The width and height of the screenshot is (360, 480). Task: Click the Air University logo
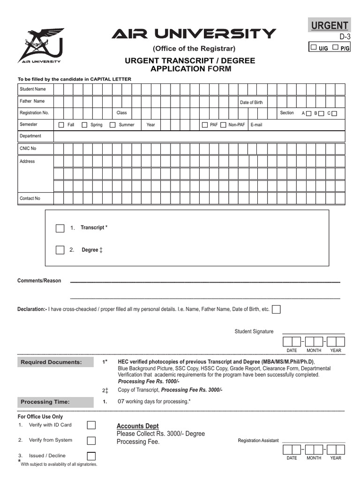pos(40,45)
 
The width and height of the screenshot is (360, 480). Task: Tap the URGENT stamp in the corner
pos(329,25)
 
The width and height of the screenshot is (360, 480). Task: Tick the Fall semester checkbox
pos(61,125)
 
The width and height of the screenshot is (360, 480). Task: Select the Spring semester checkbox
pos(84,125)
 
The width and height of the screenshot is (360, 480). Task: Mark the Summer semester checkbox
pos(112,125)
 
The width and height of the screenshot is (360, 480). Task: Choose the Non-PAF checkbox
pos(223,125)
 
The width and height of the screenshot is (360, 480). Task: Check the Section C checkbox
pos(334,113)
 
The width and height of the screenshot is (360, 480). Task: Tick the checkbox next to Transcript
pos(60,228)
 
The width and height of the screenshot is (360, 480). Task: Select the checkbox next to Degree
pos(60,250)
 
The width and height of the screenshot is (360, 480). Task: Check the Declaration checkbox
pos(277,309)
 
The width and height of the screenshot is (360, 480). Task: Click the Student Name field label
pos(33,89)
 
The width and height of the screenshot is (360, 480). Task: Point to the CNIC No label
pos(28,149)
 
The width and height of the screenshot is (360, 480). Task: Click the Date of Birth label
pos(251,102)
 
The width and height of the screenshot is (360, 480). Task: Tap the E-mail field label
pos(256,125)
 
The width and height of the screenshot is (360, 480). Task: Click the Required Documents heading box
pos(51,362)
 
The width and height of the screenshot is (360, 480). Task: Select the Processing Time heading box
pos(45,402)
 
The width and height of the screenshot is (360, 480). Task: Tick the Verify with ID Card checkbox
pos(91,425)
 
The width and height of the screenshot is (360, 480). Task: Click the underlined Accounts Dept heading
pos(138,426)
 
